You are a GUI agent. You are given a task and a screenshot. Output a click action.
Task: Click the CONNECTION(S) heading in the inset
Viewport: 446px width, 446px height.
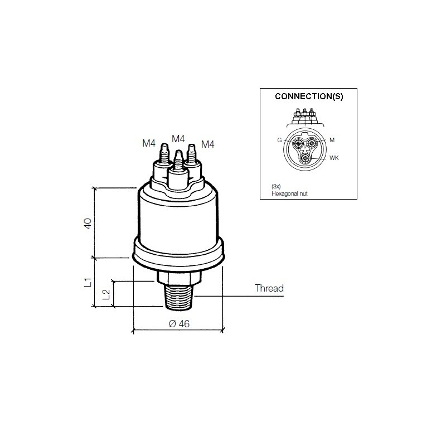[309, 96]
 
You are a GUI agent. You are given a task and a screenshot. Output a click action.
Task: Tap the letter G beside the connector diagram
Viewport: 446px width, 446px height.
[279, 140]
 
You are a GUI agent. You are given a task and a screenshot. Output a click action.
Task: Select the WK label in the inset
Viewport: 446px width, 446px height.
[334, 158]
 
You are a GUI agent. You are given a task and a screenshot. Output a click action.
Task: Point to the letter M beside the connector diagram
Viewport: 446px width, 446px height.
[332, 140]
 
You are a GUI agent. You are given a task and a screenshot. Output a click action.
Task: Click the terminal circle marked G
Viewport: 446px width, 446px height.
[299, 144]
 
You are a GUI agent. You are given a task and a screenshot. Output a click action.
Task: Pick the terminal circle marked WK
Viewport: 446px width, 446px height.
[305, 158]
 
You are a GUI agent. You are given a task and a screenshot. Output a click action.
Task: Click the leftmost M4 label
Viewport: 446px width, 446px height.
[148, 143]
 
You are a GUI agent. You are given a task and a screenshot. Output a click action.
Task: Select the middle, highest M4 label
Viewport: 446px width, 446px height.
[178, 138]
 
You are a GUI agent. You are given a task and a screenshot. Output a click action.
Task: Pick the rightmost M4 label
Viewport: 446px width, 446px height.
[207, 144]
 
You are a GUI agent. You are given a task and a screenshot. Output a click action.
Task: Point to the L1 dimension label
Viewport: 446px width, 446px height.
[88, 282]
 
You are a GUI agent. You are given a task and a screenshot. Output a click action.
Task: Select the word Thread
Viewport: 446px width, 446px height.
[269, 288]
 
